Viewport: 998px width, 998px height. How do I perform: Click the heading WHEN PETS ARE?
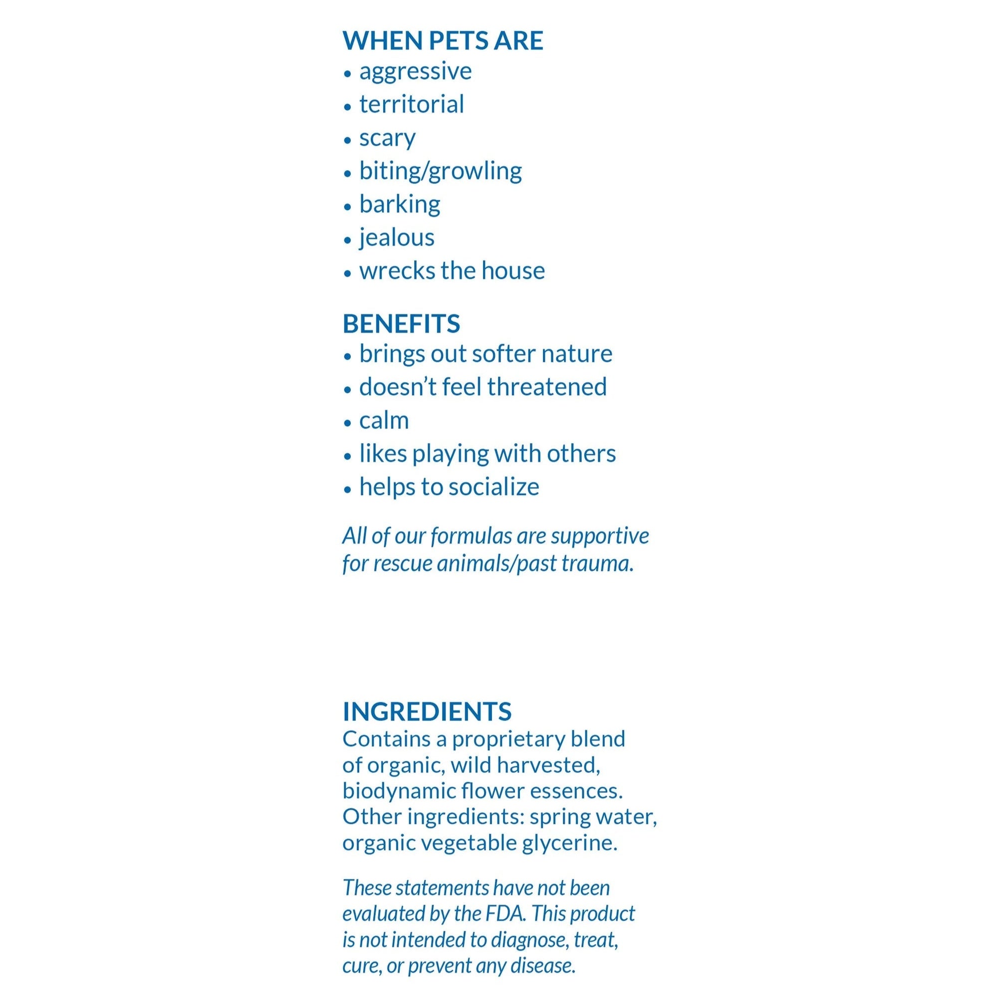pyautogui.click(x=443, y=40)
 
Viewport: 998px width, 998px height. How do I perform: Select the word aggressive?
pyautogui.click(x=415, y=71)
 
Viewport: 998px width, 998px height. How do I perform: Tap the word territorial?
pyautogui.click(x=412, y=104)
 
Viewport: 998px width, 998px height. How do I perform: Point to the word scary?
pyautogui.click(x=387, y=138)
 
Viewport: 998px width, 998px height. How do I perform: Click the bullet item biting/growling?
pyautogui.click(x=441, y=171)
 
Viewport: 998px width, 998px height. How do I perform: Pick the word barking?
pyautogui.click(x=400, y=204)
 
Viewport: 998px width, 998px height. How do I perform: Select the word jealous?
pyautogui.click(x=397, y=238)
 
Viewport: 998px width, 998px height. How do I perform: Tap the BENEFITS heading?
pyautogui.click(x=401, y=324)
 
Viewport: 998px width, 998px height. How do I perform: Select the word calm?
pyautogui.click(x=384, y=421)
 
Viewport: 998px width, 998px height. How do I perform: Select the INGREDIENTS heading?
pyautogui.click(x=427, y=711)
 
